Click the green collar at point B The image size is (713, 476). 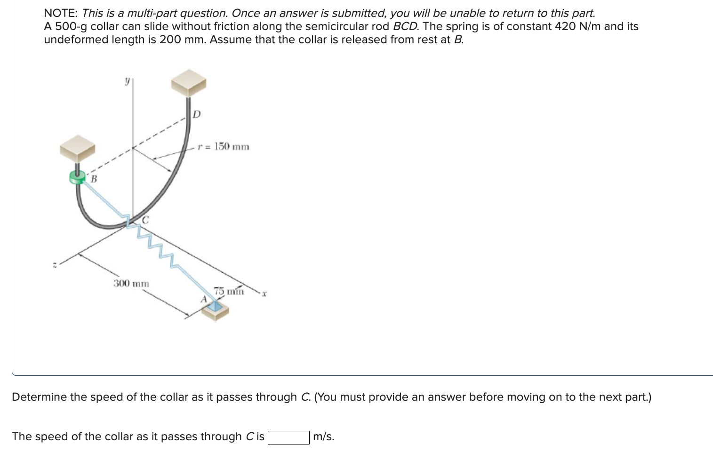(77, 177)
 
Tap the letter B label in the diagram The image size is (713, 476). (94, 179)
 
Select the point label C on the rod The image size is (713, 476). (145, 220)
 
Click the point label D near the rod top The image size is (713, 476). (197, 114)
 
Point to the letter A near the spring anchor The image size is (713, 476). (204, 299)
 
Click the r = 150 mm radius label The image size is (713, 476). (224, 147)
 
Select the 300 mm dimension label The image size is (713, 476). (131, 284)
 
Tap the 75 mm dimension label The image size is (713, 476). (229, 291)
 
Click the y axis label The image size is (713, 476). (127, 81)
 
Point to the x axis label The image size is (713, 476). (264, 294)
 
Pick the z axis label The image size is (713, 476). (55, 265)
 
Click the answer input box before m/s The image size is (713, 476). (288, 437)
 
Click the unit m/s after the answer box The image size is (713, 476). (323, 437)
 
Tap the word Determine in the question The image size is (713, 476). (40, 397)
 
